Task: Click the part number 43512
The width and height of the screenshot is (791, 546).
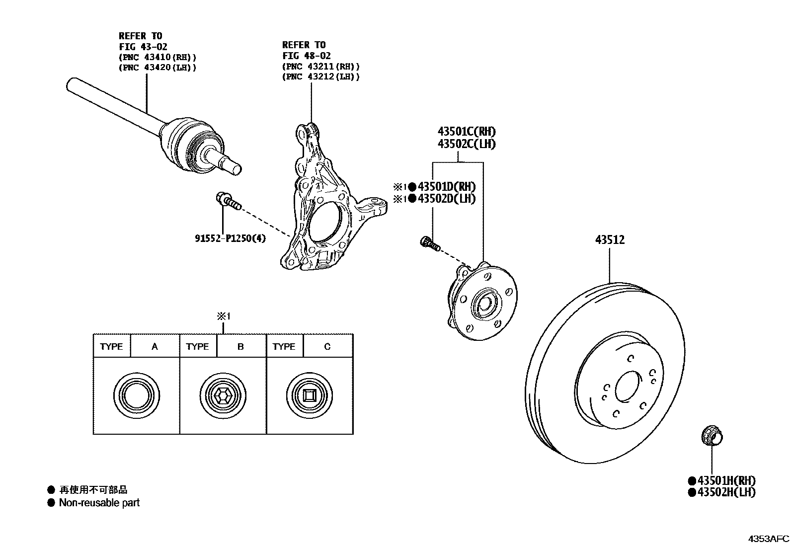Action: pos(610,240)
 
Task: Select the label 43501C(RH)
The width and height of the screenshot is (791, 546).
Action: pos(466,132)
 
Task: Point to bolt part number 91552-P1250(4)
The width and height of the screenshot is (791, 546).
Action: pos(230,238)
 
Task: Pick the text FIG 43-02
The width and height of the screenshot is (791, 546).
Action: pos(143,47)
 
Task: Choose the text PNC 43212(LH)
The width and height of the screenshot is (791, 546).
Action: pos(320,77)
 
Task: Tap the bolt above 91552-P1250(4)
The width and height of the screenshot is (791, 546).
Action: pos(228,201)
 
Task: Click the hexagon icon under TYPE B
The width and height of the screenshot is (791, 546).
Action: pos(223,396)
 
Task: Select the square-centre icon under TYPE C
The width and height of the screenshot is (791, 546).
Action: pos(309,396)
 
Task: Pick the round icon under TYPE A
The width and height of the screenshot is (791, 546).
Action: pos(136,396)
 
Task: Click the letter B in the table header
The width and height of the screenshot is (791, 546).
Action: pos(240,346)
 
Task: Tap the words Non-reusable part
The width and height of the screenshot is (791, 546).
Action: pos(99,503)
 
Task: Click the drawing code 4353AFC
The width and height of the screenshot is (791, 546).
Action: pos(768,539)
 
